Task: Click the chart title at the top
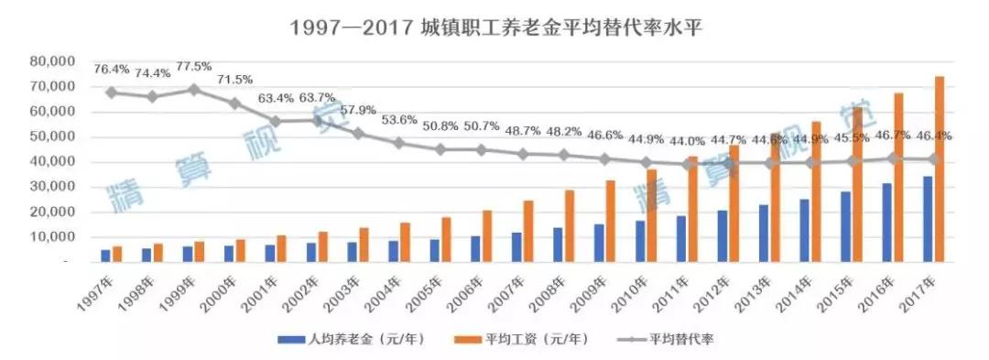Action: (494, 27)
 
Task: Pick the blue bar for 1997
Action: (105, 255)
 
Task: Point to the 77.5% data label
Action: (193, 67)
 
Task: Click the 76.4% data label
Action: (111, 69)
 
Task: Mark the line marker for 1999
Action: (193, 90)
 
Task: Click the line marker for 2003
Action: (358, 134)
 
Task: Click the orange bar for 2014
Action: (816, 191)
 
